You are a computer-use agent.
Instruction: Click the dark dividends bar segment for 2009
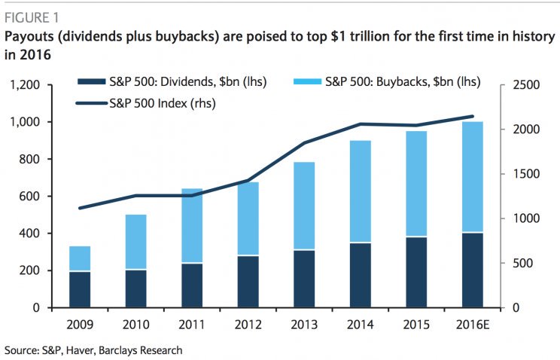80,289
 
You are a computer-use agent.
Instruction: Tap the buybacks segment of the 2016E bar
473,177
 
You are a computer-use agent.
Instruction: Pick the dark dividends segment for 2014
361,275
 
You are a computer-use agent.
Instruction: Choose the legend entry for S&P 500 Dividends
178,81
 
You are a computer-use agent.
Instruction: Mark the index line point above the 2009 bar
80,208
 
